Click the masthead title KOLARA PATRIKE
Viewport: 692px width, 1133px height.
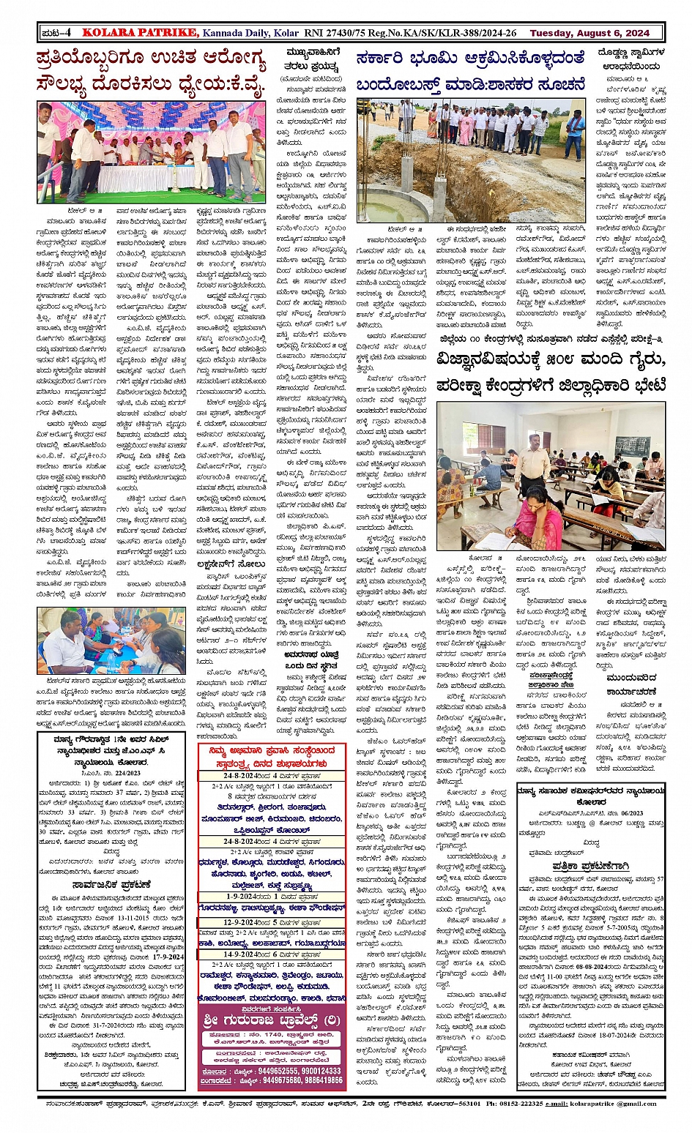point(140,32)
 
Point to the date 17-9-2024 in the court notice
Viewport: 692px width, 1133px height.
point(167,956)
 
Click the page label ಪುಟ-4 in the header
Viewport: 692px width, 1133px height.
point(56,32)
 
